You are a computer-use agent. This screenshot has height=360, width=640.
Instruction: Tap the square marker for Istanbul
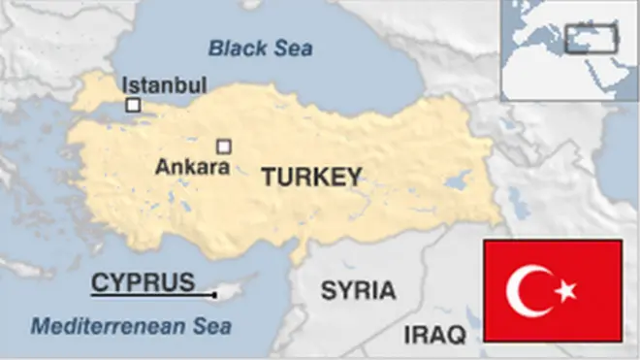point(133,104)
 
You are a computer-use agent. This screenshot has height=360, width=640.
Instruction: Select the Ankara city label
point(192,167)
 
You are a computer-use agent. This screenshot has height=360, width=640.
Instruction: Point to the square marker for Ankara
point(224,146)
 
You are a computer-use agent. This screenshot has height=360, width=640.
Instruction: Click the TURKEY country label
point(310,177)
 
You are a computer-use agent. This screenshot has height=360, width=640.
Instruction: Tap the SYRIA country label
point(358,290)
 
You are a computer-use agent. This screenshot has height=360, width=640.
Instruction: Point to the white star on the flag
point(565,290)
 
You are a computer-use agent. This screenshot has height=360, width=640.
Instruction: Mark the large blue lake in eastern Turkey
point(457,181)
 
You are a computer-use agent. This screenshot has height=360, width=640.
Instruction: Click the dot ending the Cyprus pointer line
point(215,293)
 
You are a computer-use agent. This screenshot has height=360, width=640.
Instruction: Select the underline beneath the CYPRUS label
point(150,293)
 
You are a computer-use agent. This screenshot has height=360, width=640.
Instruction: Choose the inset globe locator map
point(569,49)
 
